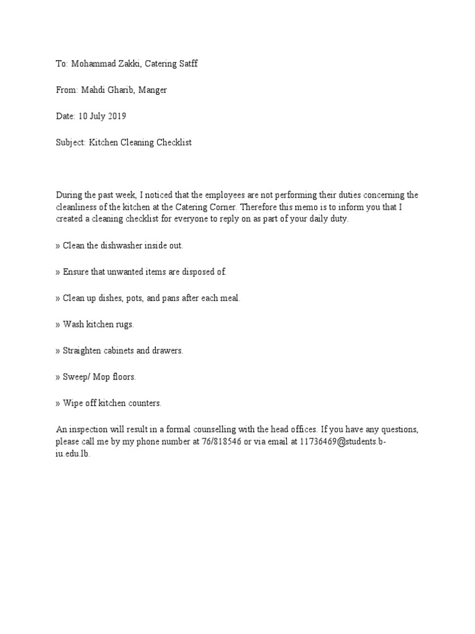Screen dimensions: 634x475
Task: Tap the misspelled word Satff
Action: coord(187,64)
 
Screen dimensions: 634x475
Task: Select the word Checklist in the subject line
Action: coord(173,142)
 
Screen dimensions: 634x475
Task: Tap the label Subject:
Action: coord(71,142)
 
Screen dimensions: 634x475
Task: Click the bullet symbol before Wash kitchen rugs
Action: coord(58,324)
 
